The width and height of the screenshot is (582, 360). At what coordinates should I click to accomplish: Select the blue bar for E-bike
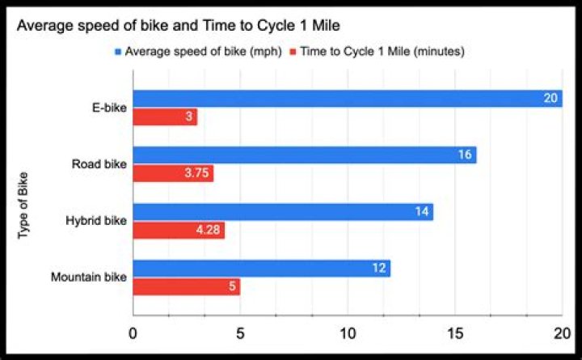tap(348, 99)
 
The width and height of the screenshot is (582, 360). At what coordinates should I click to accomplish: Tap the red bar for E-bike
tap(165, 117)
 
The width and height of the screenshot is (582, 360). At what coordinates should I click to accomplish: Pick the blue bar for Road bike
tap(305, 155)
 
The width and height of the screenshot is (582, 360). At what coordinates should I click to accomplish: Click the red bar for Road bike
tap(173, 174)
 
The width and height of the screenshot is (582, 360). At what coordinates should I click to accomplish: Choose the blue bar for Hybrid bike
tap(283, 212)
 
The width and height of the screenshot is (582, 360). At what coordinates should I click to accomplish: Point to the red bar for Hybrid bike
tap(179, 231)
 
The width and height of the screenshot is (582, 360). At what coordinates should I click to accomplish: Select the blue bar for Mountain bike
tap(261, 269)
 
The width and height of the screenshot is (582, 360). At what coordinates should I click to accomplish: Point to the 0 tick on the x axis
tap(133, 333)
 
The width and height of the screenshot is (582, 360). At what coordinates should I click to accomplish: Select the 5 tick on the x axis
tap(240, 333)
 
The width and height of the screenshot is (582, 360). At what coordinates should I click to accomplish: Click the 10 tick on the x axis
tap(348, 333)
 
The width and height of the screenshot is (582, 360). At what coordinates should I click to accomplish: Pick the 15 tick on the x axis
tap(455, 333)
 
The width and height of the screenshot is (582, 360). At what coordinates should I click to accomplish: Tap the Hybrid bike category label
tap(97, 221)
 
